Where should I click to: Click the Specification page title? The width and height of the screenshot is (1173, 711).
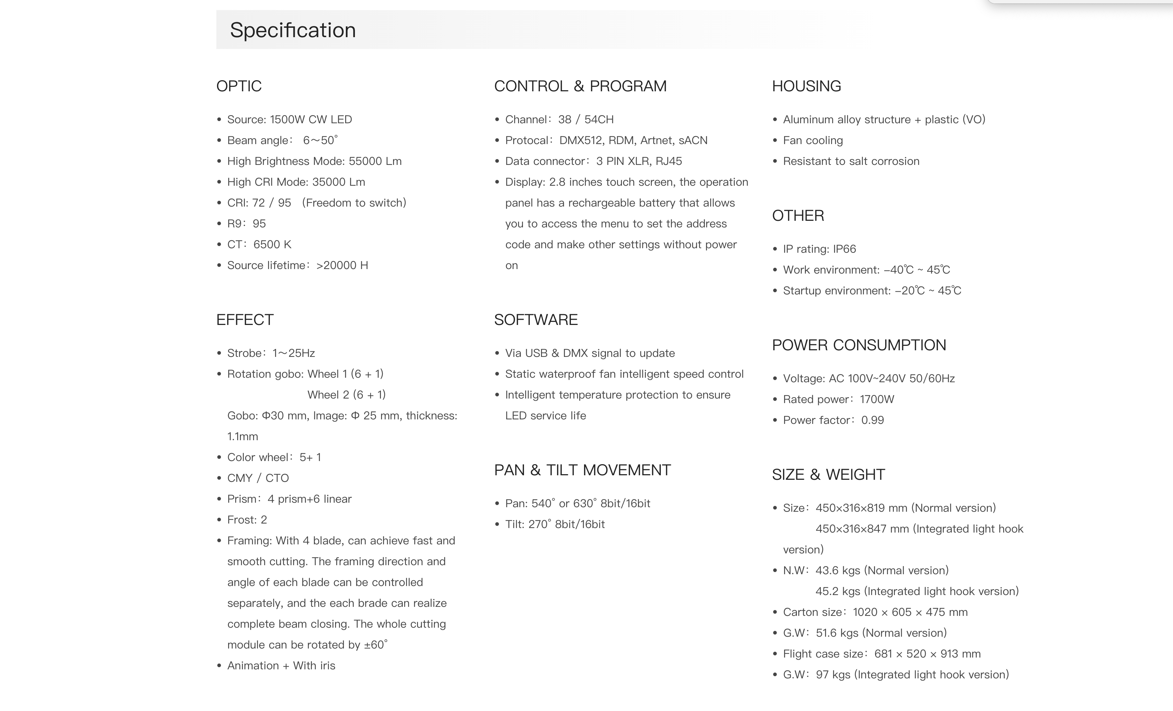[x=293, y=30]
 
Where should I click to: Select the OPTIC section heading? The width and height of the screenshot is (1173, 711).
[x=239, y=86]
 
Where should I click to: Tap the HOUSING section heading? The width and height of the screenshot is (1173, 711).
[x=806, y=86]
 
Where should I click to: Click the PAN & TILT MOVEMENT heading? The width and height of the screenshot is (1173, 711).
[x=582, y=470]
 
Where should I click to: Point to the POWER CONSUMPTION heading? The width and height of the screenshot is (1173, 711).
[x=859, y=345]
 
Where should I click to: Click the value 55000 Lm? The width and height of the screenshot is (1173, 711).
[x=375, y=161]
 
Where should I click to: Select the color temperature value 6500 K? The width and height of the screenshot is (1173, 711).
[x=272, y=245]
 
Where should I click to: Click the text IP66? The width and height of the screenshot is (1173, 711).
[x=845, y=249]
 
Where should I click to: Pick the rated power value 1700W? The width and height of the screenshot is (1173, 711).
[x=877, y=399]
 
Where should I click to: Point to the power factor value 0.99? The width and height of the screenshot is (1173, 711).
[x=873, y=420]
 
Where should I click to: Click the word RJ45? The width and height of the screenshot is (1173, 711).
[x=668, y=161]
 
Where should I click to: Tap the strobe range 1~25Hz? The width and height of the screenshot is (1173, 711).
[x=294, y=353]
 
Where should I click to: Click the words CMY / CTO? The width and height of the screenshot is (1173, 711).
[x=258, y=478]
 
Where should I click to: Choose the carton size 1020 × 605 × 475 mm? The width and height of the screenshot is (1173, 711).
[x=910, y=612]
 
